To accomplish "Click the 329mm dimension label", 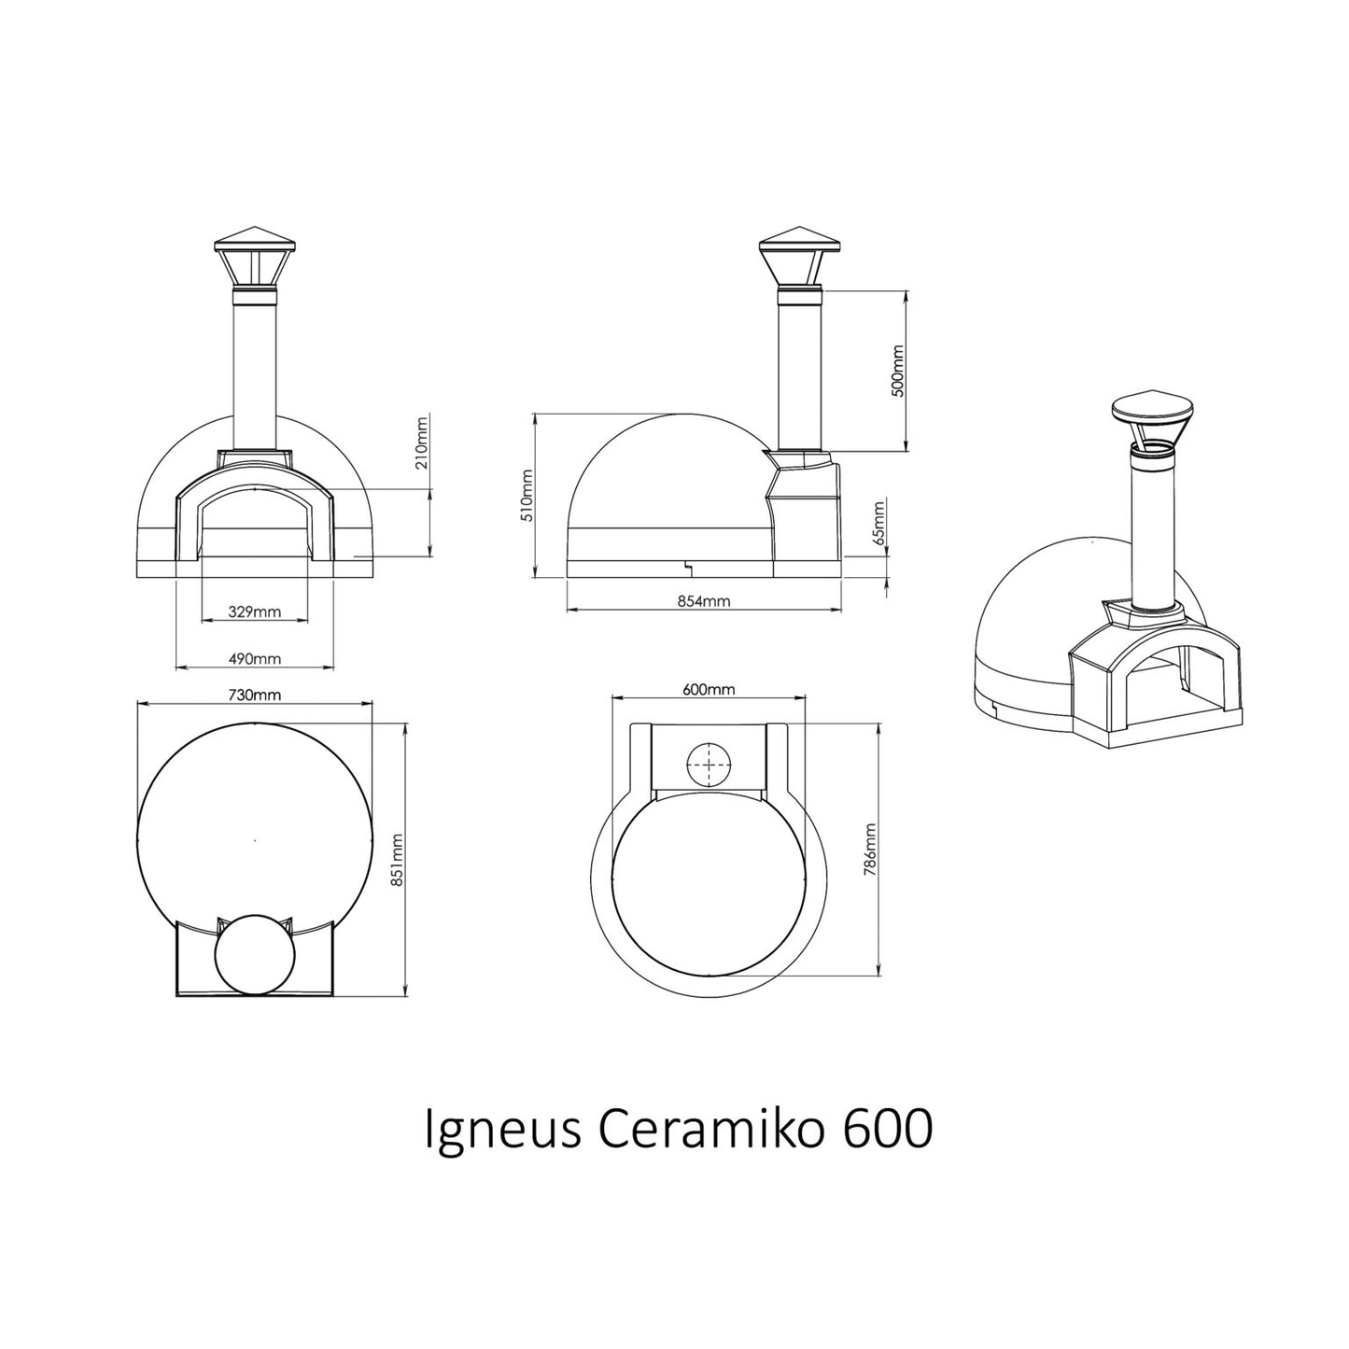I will click(x=255, y=612).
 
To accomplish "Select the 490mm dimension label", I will click(x=255, y=659).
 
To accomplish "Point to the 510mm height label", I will click(x=526, y=496).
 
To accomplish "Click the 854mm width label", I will click(x=704, y=602).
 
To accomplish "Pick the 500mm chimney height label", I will click(x=898, y=370).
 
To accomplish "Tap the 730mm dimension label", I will click(x=255, y=695).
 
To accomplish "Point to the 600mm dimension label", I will click(x=709, y=690).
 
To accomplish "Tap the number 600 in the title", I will click(x=888, y=1131).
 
